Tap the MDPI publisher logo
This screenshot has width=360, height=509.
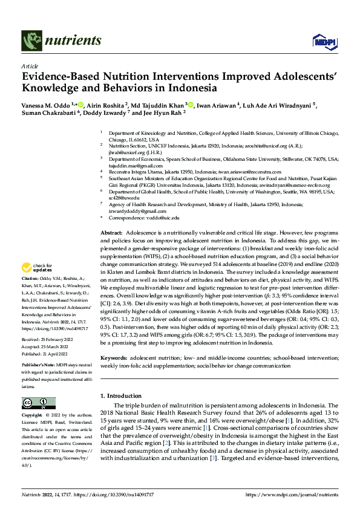tap(323, 41)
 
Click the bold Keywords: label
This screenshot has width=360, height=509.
tap(114, 358)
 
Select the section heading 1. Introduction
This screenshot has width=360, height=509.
tap(122, 395)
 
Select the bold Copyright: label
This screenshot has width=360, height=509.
tap(32, 416)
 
